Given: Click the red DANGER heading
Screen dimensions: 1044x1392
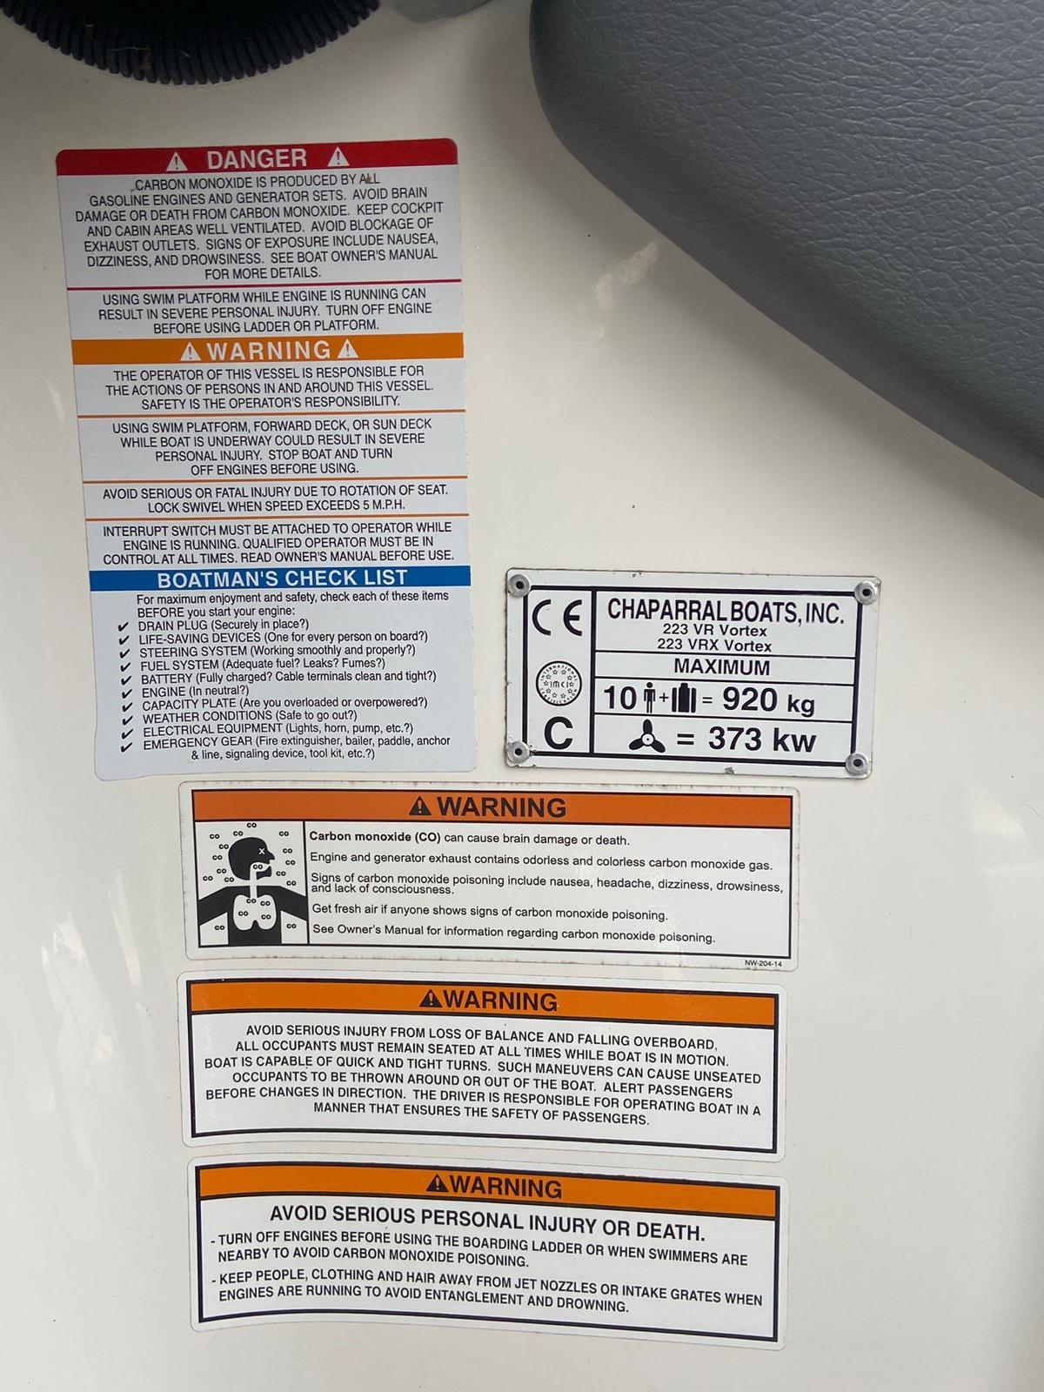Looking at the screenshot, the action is tap(257, 158).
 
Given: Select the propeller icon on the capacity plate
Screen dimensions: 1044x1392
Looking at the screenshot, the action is tap(646, 736).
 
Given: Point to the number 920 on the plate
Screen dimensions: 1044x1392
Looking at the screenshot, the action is tap(749, 699).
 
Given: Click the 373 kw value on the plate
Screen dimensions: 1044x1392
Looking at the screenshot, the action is tap(762, 739).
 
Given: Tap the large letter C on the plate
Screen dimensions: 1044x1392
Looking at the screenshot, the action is tap(558, 733).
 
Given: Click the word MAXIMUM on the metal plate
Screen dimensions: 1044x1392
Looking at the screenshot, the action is tap(721, 666).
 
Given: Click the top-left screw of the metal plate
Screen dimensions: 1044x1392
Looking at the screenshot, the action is tap(519, 585).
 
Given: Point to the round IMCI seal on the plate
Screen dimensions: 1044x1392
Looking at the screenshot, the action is tap(559, 684).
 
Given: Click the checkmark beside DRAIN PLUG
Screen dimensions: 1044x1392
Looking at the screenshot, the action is tap(123, 626).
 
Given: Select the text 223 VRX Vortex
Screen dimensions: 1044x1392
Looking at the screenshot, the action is tap(714, 645).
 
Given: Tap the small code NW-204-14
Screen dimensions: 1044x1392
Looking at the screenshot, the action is tap(763, 963).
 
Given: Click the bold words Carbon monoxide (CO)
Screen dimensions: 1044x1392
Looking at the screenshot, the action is tap(375, 837).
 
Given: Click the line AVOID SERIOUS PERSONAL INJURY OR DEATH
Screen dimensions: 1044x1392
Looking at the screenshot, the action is tap(487, 1222).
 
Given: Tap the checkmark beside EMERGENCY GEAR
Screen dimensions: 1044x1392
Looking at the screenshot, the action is tap(126, 746).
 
